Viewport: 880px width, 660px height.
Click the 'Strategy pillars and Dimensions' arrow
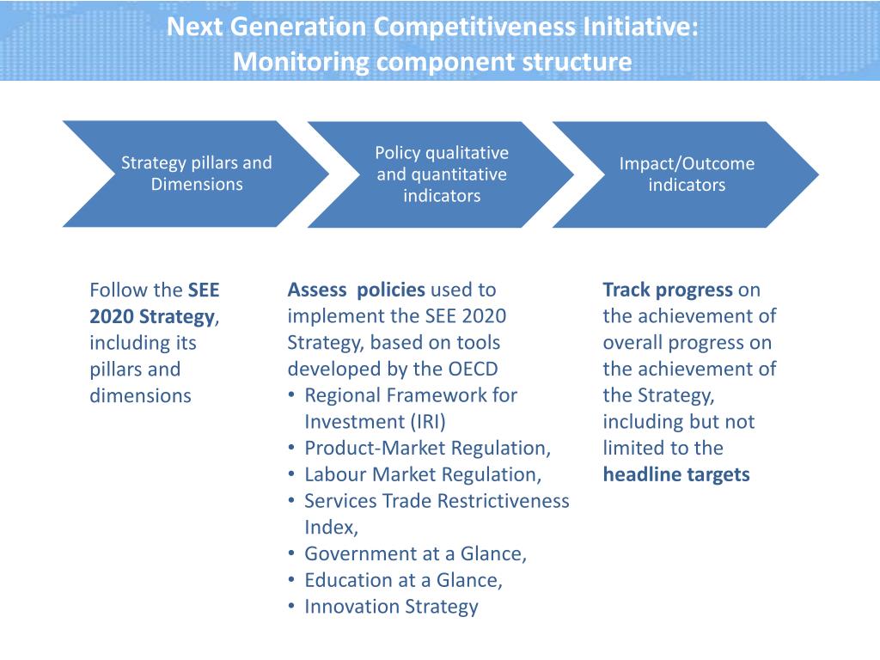pos(196,174)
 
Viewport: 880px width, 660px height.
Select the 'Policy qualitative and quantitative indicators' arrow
pos(441,174)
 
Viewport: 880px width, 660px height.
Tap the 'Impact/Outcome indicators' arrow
pos(686,174)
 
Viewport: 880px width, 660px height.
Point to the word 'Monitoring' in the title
pos(301,63)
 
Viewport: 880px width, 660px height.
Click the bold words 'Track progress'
pos(668,290)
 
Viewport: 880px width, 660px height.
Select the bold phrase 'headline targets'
pos(675,474)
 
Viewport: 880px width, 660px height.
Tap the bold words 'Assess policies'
pos(356,290)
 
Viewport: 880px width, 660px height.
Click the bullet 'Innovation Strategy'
pos(391,607)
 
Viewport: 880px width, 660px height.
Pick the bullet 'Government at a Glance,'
pos(415,553)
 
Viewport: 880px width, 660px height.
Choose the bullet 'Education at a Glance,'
pos(403,580)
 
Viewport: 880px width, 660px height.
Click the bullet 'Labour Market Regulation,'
pos(423,474)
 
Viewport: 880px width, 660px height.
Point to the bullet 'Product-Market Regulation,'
pos(427,448)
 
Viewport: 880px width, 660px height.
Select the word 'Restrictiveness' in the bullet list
pos(504,501)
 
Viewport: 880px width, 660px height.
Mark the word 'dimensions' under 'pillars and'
pos(140,395)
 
